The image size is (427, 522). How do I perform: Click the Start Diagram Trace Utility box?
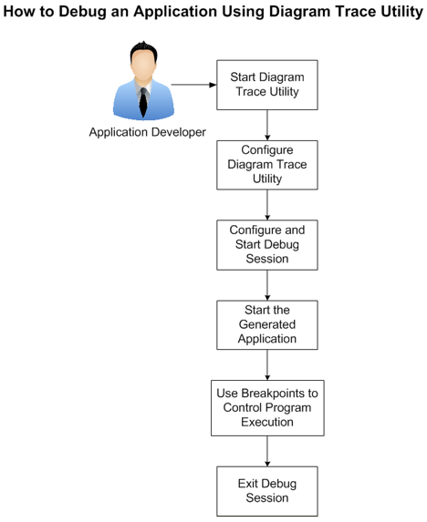tap(266, 85)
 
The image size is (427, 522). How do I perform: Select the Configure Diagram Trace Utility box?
tap(266, 164)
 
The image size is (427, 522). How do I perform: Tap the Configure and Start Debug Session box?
tap(266, 243)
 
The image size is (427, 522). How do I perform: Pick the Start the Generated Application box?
tap(266, 324)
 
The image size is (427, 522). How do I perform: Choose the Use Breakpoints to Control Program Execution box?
tap(266, 407)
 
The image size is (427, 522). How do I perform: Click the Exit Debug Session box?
tap(266, 490)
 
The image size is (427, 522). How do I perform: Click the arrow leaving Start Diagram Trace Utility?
tap(266, 124)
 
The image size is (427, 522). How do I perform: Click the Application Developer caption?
tap(147, 132)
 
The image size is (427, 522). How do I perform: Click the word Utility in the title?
tap(391, 15)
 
